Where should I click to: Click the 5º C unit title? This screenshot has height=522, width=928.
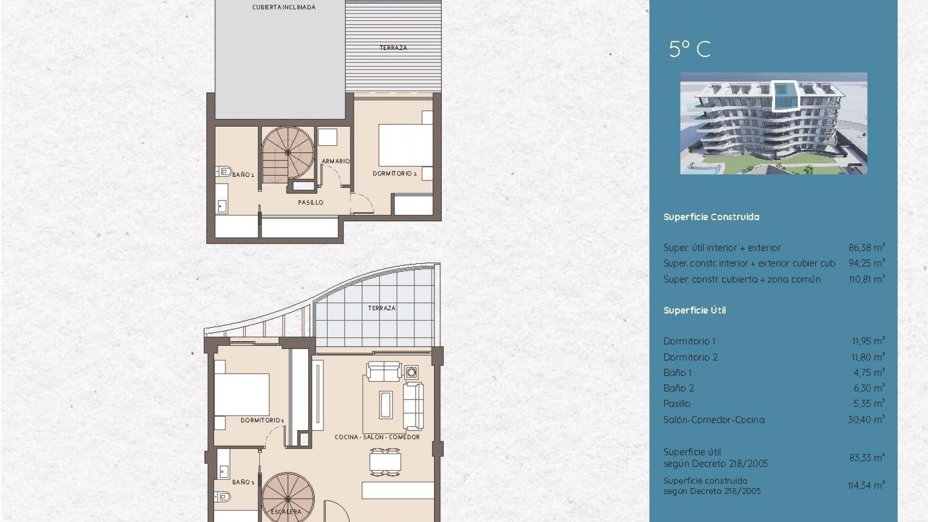(689, 49)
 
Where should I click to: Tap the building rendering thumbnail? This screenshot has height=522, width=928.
(773, 123)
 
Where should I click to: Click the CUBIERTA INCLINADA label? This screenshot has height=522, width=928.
(284, 7)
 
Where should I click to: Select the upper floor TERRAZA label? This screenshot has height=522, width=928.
(393, 48)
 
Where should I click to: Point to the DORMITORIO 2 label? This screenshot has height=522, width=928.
(394, 174)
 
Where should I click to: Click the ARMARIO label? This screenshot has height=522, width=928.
(335, 161)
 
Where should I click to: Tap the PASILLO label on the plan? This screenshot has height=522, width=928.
(310, 203)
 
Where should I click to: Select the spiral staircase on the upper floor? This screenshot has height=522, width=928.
(288, 153)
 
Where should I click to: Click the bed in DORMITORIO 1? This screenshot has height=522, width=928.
(242, 394)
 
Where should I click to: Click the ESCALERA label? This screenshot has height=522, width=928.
(286, 511)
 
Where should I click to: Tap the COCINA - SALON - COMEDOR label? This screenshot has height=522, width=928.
(377, 437)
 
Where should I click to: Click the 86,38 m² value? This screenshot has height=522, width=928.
(866, 247)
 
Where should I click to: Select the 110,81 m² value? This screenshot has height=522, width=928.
(866, 279)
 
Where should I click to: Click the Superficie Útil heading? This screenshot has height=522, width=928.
(694, 310)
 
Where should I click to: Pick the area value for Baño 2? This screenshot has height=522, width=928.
(869, 388)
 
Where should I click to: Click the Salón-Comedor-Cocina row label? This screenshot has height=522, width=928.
(713, 420)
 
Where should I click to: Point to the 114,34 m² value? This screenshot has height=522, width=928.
(866, 485)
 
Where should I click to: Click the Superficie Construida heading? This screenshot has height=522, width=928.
(711, 217)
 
